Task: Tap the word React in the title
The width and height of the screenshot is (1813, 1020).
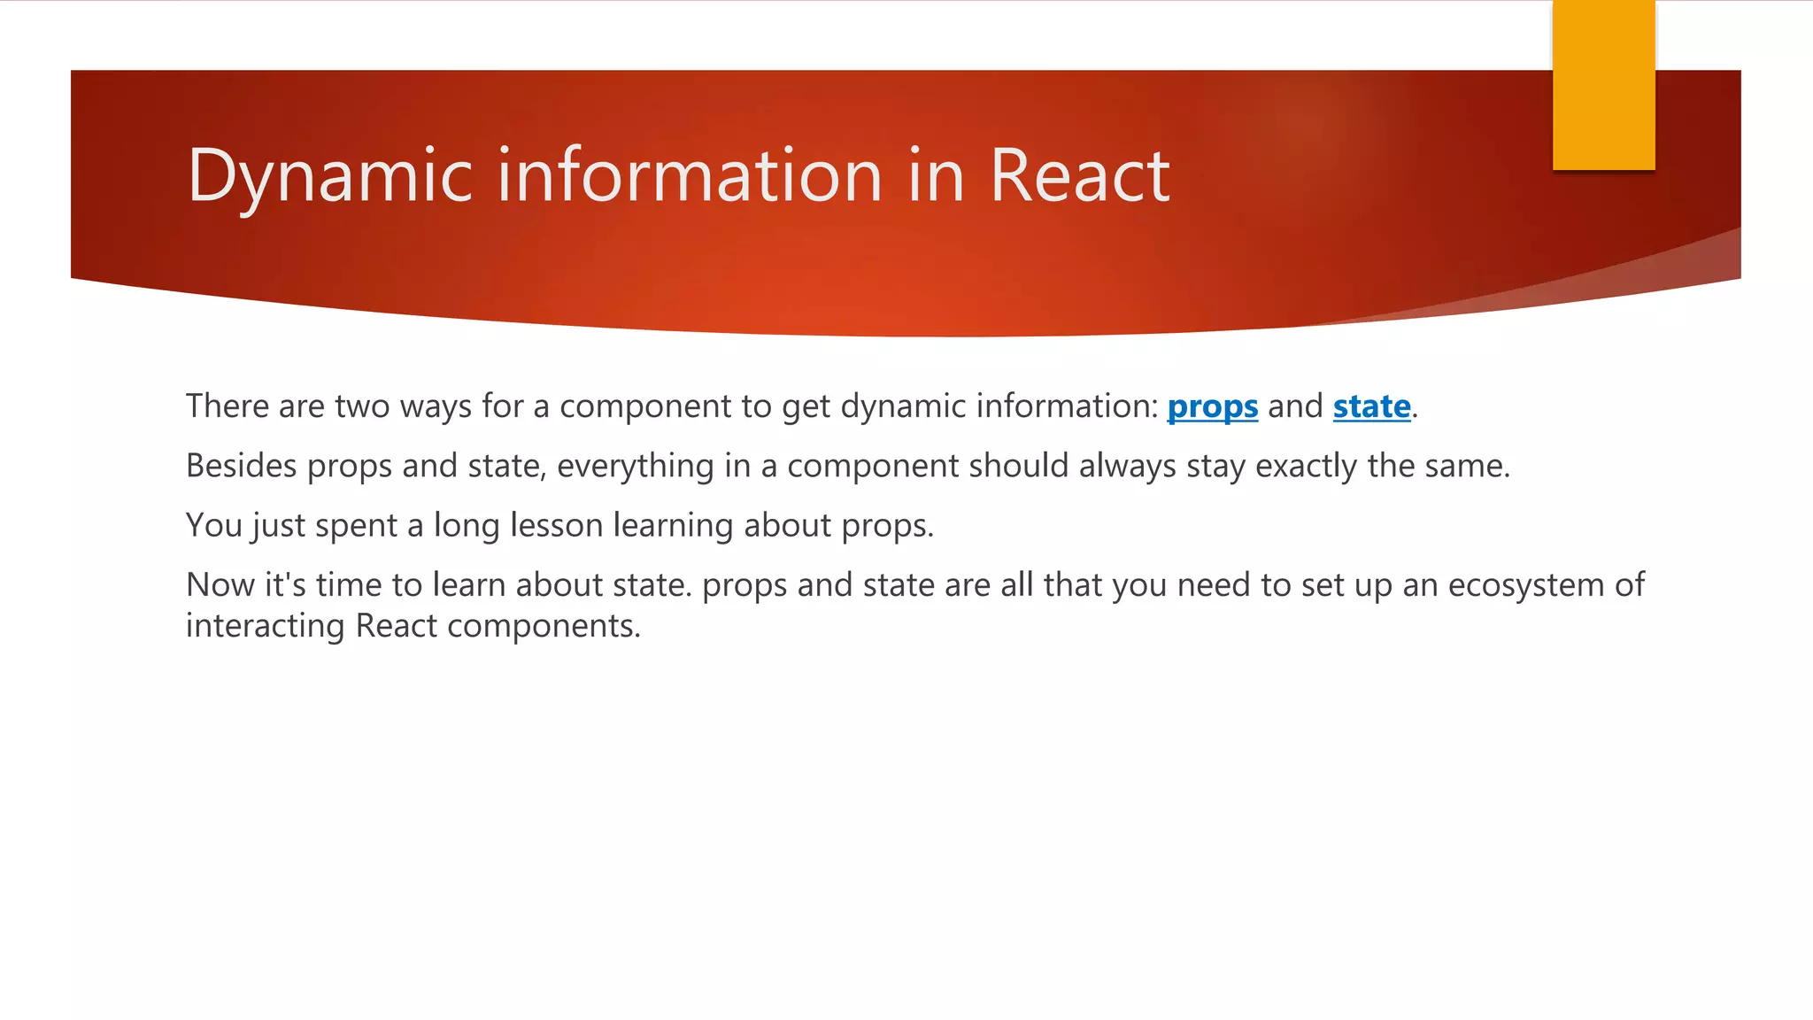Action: coord(1079,175)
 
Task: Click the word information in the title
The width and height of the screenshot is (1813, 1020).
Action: coord(690,175)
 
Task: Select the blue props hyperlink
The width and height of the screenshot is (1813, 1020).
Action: coord(1212,406)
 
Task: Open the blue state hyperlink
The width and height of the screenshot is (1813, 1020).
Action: coord(1371,406)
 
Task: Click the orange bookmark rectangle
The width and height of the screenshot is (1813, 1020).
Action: coord(1603,85)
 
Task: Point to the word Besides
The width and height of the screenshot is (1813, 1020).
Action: coord(241,466)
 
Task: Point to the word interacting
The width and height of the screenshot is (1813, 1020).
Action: coord(265,627)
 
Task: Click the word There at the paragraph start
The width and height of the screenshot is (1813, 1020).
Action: coord(227,406)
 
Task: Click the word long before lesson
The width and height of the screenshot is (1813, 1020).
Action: coord(467,526)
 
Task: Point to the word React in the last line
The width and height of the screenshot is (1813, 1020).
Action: coord(396,626)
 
